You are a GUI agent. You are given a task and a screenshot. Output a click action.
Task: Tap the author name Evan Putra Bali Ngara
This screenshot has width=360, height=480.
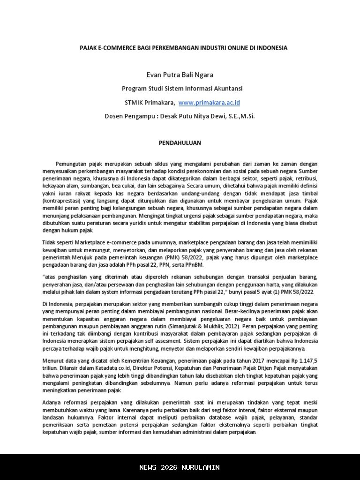(180, 75)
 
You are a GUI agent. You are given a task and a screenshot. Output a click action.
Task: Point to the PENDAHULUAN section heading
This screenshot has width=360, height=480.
(180, 143)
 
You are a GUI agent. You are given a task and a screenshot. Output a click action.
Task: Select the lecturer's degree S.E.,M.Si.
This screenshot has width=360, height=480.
(240, 116)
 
